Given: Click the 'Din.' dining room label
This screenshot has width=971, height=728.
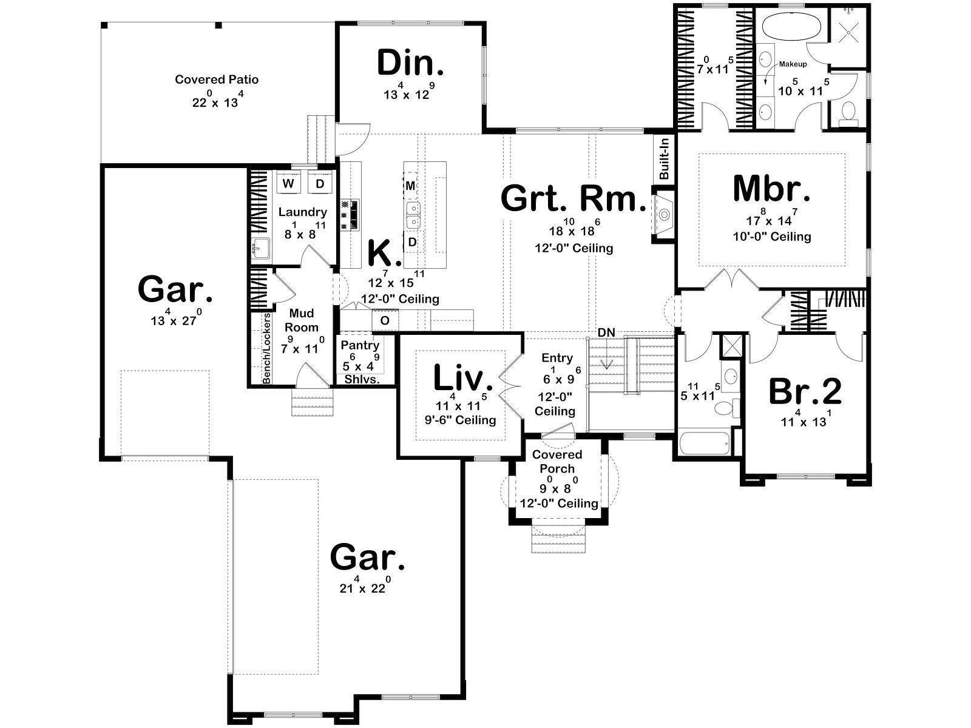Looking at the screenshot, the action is (410, 63).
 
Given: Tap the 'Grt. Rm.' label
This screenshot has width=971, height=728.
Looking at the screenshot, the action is (573, 198).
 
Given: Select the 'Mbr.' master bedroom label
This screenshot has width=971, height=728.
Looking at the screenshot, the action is (771, 189).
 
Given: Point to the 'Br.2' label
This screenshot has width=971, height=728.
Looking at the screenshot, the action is (805, 392).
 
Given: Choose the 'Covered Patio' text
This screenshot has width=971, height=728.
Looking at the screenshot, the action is (217, 79).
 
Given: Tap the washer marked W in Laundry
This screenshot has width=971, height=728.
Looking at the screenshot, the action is (288, 183).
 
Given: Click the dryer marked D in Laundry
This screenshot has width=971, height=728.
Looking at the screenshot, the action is (320, 183).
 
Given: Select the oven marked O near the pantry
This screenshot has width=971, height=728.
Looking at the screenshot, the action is (385, 320).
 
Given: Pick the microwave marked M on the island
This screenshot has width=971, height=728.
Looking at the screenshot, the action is (410, 186).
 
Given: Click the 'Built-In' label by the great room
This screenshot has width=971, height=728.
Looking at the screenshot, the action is (664, 158).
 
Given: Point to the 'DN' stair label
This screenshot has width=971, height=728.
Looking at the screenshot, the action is (606, 332).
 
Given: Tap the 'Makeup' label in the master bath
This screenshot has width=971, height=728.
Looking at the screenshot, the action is (793, 64).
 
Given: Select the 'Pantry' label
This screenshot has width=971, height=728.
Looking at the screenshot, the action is (360, 345).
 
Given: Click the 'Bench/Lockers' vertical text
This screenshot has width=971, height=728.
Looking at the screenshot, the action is (266, 348).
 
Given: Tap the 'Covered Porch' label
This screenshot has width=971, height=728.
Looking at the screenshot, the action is (557, 462).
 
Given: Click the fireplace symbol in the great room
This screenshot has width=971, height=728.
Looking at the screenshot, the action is (663, 215).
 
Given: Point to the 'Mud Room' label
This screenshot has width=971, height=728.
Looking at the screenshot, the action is (301, 320).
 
